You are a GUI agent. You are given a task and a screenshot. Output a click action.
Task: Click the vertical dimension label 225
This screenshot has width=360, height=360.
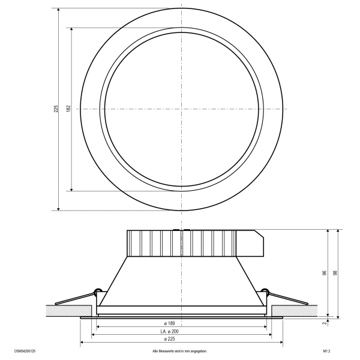[56, 109]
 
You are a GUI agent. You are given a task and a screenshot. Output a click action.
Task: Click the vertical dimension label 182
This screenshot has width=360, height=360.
[68, 109]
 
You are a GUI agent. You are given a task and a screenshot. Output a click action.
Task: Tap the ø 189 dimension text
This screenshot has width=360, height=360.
[170, 323]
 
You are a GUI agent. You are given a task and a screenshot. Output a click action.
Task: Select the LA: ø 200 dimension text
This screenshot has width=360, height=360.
[169, 331]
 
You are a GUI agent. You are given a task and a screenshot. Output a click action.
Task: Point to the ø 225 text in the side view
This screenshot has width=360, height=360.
[170, 339]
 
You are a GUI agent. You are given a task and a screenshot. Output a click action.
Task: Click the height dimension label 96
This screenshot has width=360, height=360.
[325, 273]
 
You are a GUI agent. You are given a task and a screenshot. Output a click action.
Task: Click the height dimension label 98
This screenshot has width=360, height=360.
[335, 273]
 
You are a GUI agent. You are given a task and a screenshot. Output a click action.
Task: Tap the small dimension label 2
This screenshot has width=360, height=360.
[325, 323]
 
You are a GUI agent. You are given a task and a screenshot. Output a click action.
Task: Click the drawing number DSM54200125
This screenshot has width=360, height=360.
[25, 351]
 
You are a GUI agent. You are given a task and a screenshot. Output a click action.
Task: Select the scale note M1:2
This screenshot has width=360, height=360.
[326, 351]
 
